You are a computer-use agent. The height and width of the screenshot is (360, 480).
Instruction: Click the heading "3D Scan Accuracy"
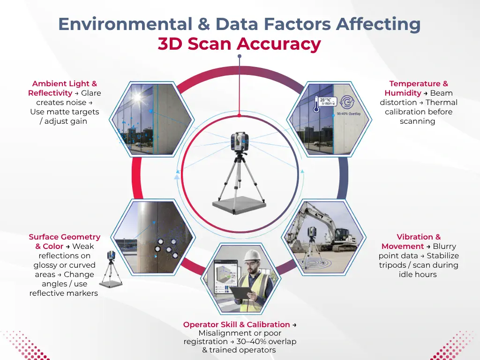(240, 44)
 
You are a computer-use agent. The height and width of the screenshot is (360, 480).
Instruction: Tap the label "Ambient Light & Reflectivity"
(64, 88)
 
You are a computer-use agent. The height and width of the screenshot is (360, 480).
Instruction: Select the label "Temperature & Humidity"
(418, 88)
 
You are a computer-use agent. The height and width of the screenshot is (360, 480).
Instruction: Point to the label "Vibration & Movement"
(418, 241)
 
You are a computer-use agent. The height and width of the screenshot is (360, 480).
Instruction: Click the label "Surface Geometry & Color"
(64, 241)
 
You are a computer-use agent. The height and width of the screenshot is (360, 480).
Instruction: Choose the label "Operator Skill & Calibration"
(236, 324)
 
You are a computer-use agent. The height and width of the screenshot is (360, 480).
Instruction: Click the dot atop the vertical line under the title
(240, 56)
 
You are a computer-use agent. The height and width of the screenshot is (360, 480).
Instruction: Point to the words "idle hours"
(418, 274)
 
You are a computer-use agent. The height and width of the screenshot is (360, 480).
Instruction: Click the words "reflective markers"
(64, 293)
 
